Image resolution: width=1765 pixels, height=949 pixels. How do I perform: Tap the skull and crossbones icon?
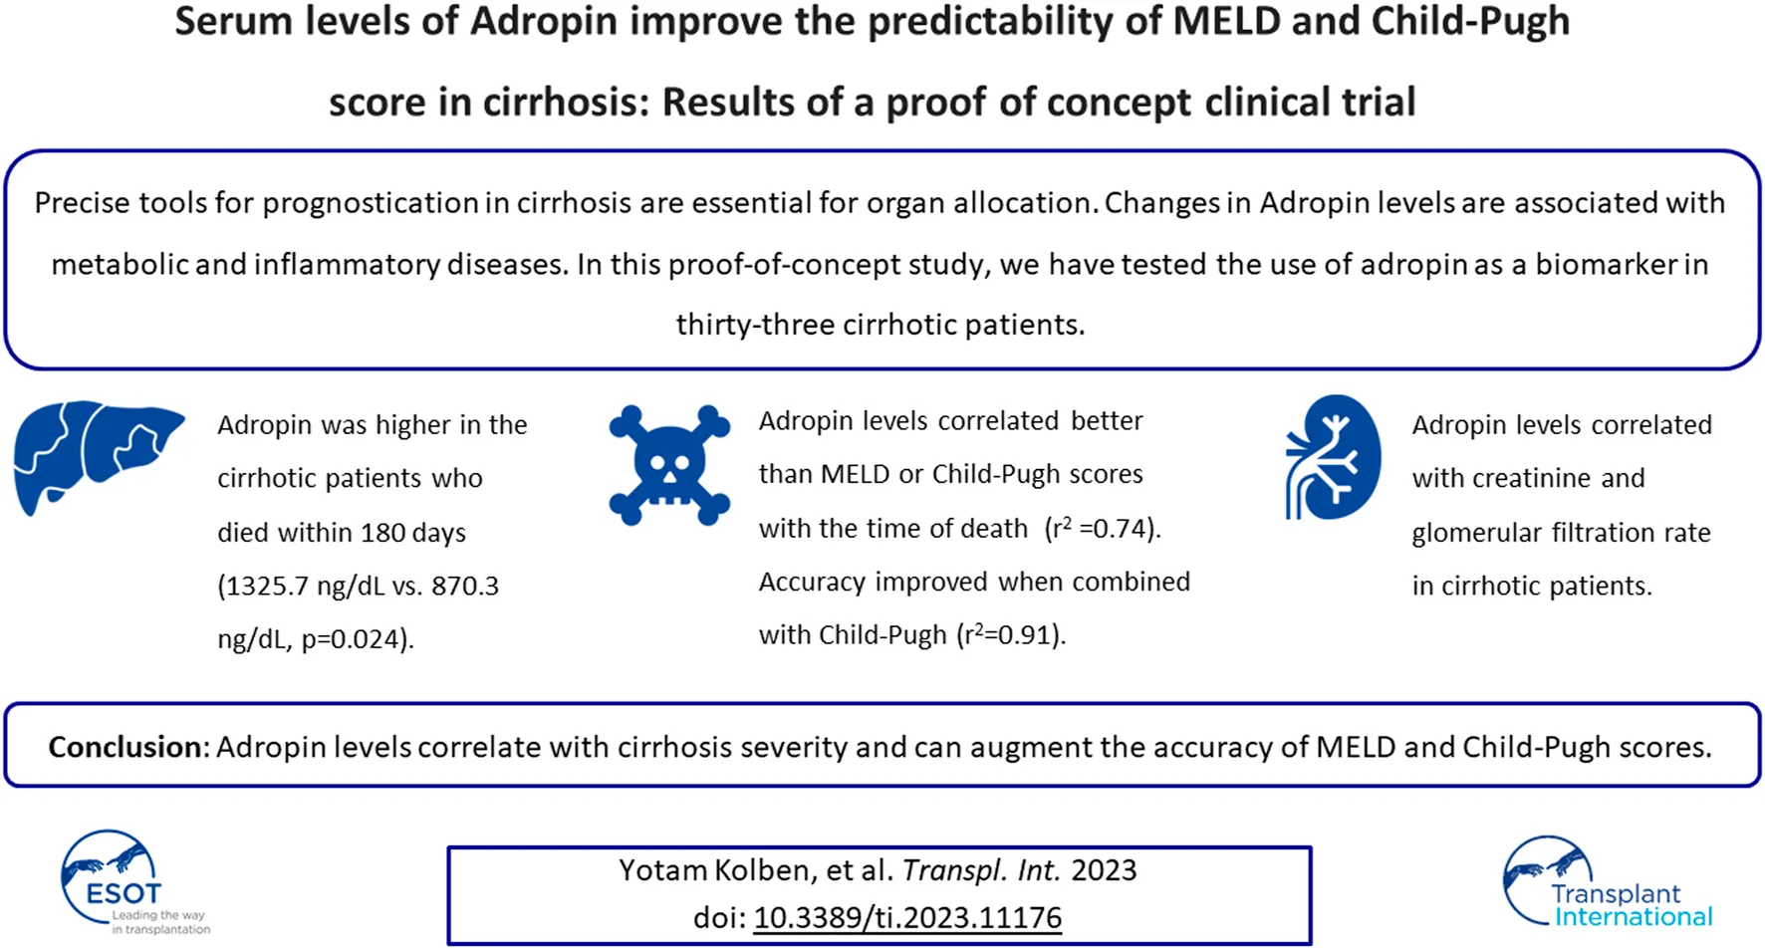tap(669, 465)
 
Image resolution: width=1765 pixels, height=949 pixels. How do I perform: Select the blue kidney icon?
tap(1333, 457)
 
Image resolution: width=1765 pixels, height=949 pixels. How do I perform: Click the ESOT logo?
tap(133, 882)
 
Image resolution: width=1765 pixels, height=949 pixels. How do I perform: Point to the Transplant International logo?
tap(1607, 882)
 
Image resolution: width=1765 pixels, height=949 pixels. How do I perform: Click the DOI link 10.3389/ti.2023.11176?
tap(907, 917)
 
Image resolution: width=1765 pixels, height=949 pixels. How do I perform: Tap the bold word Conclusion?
tap(126, 747)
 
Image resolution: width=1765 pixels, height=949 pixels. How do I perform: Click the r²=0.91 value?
tap(1009, 634)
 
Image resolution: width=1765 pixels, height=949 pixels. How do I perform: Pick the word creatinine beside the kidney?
tap(1531, 478)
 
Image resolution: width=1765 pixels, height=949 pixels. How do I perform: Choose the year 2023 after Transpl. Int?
tap(1104, 870)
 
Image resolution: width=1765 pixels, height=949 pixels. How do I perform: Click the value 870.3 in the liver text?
tap(465, 586)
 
